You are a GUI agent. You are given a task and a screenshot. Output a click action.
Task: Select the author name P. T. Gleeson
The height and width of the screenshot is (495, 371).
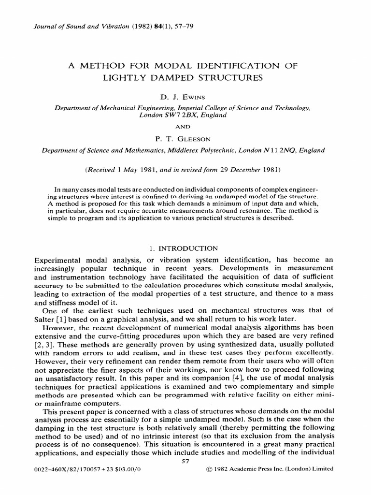185,139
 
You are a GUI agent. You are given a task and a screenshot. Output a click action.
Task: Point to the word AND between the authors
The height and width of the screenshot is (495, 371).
185,127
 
